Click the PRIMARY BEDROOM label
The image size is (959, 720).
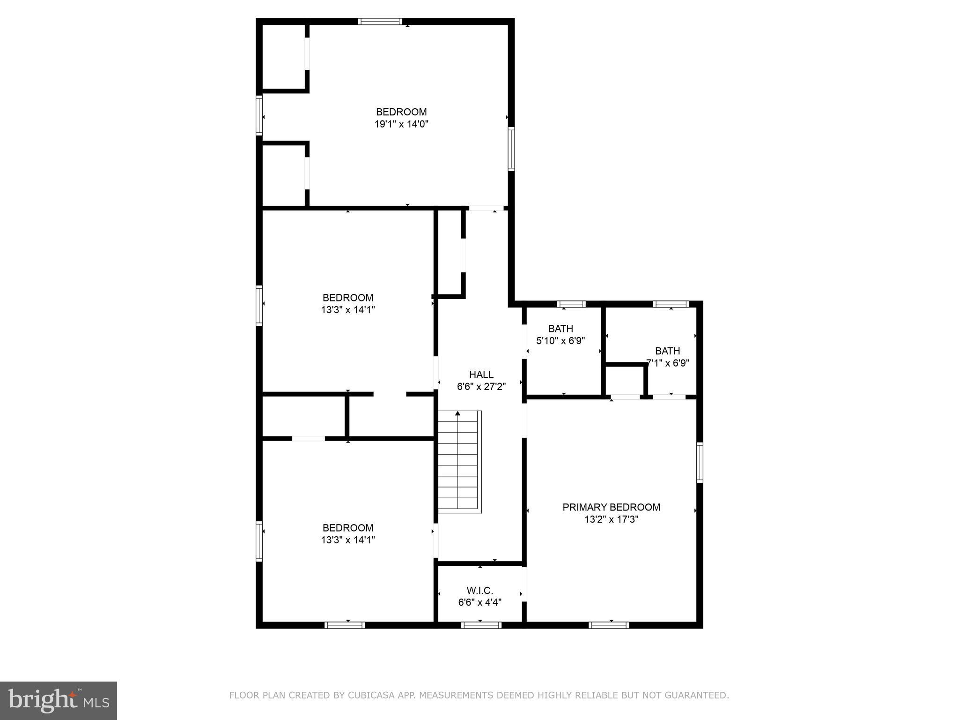pos(611,507)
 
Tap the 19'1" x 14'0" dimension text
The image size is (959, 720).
pos(401,124)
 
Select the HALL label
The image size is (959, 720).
pos(481,375)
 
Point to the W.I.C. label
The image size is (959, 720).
pos(479,591)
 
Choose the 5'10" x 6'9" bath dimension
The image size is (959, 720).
pos(561,341)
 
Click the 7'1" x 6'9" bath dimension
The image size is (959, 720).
pos(667,363)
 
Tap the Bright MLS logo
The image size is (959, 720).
pos(58,700)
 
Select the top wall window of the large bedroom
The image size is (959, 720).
pos(380,21)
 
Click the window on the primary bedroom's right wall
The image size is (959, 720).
pos(700,462)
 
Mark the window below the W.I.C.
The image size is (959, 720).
pos(481,625)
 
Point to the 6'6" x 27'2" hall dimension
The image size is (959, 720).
pos(481,387)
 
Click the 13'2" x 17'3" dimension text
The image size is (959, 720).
pos(611,519)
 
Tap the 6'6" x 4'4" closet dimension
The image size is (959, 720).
pos(479,602)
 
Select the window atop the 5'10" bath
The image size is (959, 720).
pos(571,304)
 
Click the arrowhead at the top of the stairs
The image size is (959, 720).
pos(457,413)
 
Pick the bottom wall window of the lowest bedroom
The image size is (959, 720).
pos(345,625)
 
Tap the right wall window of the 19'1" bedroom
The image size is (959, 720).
pos(511,149)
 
